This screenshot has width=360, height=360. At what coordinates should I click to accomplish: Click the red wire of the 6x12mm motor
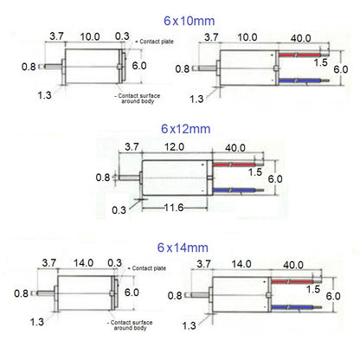232,164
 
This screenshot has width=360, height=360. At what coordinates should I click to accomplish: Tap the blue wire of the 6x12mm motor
232,190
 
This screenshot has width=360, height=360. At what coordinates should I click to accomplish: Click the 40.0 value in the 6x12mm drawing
235,147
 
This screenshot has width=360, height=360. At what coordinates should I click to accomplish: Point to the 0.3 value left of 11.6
118,208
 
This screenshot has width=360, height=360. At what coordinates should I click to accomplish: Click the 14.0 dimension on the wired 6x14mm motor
241,262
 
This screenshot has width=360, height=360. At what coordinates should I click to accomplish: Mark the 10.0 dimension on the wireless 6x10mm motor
89,37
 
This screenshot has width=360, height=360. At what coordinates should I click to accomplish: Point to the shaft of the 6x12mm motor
132,177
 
